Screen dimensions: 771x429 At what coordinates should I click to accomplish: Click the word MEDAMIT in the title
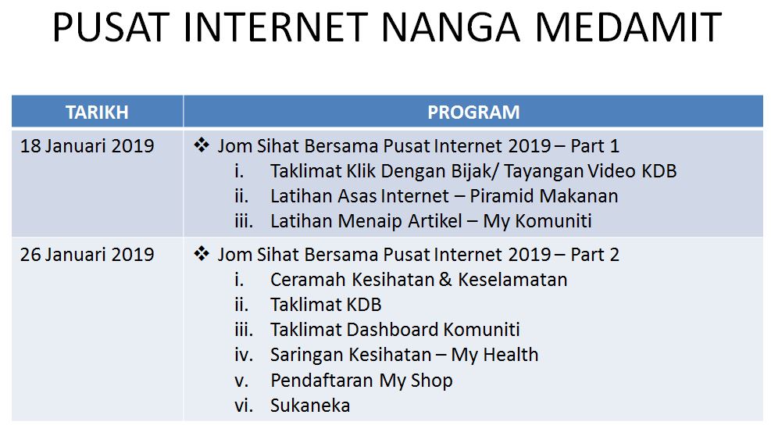click(x=628, y=27)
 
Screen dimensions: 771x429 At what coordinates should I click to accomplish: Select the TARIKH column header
click(x=97, y=113)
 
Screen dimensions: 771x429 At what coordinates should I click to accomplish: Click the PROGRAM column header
click(x=473, y=113)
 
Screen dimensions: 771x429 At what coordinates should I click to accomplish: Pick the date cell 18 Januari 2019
click(x=87, y=146)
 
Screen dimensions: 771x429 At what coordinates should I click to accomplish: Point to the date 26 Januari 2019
click(x=87, y=254)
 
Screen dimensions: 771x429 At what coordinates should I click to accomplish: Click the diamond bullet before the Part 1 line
click(x=202, y=145)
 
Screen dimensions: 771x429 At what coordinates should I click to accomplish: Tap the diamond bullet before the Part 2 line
click(x=202, y=254)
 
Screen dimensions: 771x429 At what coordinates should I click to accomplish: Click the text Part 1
click(x=595, y=146)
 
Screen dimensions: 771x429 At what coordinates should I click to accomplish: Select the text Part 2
click(x=595, y=254)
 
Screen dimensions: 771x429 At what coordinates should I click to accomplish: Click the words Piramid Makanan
click(x=544, y=196)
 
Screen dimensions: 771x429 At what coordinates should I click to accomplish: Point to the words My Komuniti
click(x=537, y=221)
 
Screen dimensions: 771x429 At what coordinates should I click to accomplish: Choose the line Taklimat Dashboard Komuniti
click(x=395, y=330)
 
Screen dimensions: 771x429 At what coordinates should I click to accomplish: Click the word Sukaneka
click(x=310, y=406)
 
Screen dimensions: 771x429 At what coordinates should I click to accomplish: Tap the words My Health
click(x=494, y=356)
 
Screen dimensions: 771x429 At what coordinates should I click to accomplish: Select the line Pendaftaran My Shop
click(x=362, y=381)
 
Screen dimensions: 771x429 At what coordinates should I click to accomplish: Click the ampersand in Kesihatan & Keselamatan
click(x=445, y=280)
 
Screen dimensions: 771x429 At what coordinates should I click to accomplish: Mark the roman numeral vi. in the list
click(x=244, y=406)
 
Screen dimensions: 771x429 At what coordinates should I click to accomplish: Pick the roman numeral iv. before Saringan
click(x=244, y=356)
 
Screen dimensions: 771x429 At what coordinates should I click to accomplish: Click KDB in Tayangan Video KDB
click(x=659, y=171)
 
